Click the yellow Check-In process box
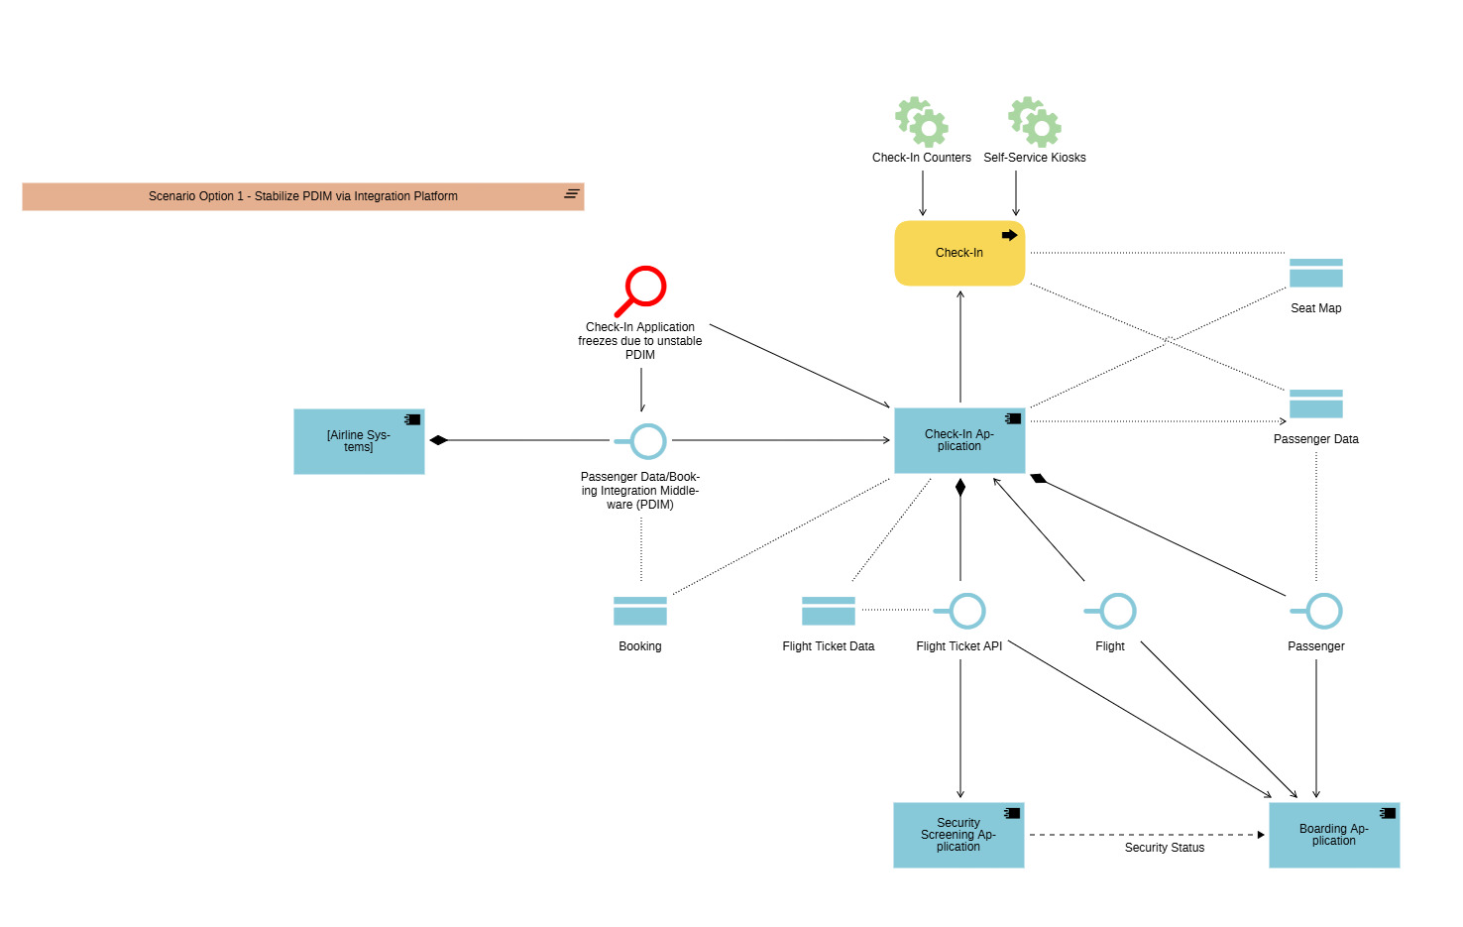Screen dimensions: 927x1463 pyautogui.click(x=958, y=253)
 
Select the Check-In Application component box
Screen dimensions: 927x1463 pyautogui.click(x=958, y=440)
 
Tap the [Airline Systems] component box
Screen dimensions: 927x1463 pyautogui.click(x=359, y=441)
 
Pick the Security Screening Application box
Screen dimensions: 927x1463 pyautogui.click(x=957, y=835)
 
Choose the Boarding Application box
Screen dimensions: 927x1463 pyautogui.click(x=1333, y=835)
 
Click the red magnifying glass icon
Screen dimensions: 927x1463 pyautogui.click(x=641, y=290)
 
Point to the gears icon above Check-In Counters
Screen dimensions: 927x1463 pyautogui.click(x=922, y=122)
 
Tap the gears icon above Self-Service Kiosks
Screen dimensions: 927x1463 pyautogui.click(x=1035, y=122)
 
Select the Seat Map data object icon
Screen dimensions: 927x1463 pyautogui.click(x=1315, y=273)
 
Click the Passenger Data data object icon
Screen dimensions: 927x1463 pyautogui.click(x=1315, y=404)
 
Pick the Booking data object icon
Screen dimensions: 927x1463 pyautogui.click(x=639, y=611)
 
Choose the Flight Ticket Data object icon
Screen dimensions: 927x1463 pyautogui.click(x=828, y=611)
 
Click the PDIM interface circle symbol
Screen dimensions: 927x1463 pyautogui.click(x=648, y=441)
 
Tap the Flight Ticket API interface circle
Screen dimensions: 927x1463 pyautogui.click(x=966, y=611)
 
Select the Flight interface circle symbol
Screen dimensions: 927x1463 pyautogui.click(x=1117, y=611)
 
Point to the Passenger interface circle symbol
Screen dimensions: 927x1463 pyautogui.click(x=1323, y=611)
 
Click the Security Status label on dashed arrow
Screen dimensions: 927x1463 pyautogui.click(x=1164, y=848)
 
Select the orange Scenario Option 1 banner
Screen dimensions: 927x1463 pyautogui.click(x=302, y=196)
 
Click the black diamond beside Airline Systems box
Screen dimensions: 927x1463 pyautogui.click(x=438, y=440)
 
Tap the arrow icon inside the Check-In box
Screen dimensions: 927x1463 pyautogui.click(x=1009, y=235)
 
